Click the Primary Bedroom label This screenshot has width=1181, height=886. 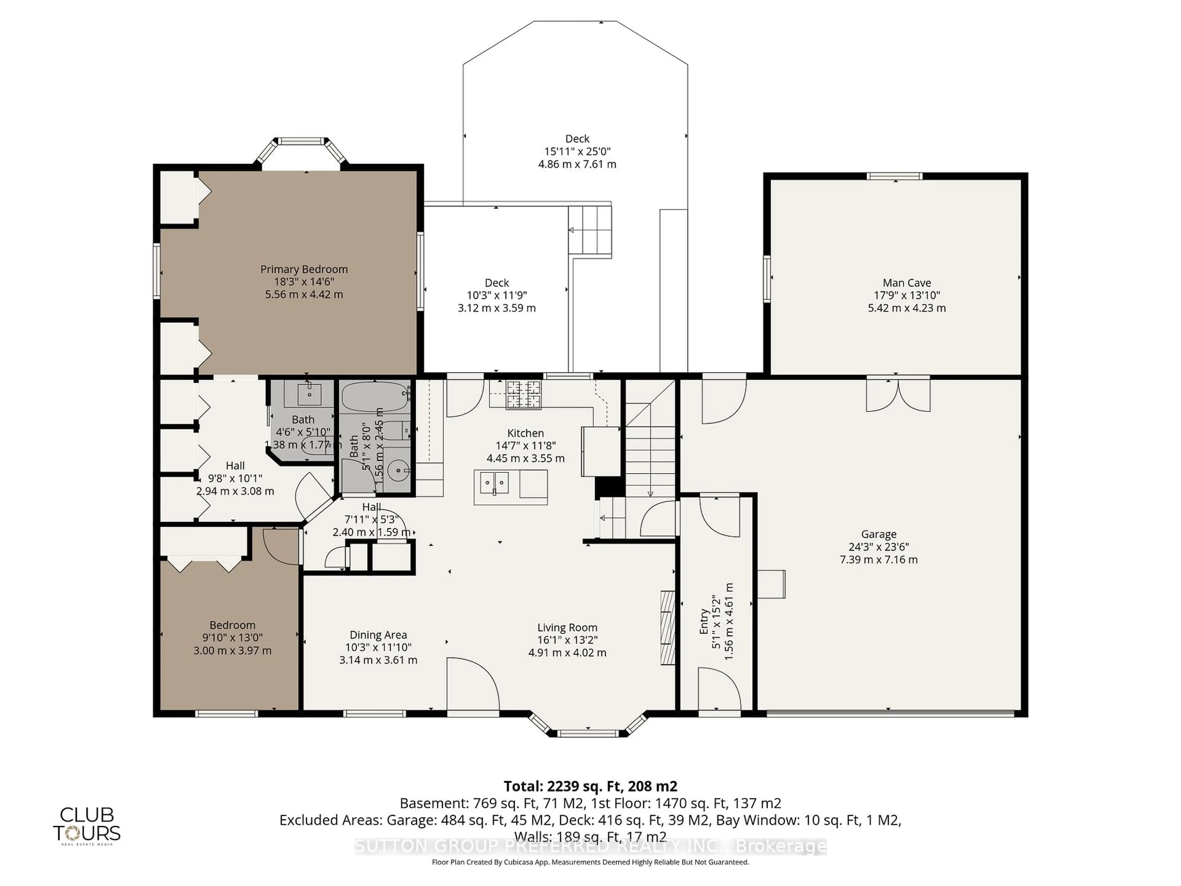coord(304,269)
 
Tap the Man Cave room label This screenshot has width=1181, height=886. coord(907,282)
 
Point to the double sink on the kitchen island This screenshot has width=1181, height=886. coord(494,483)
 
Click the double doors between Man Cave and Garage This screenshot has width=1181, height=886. coord(898,394)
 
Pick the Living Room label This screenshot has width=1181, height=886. coord(567,628)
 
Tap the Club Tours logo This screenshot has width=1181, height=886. coord(86,825)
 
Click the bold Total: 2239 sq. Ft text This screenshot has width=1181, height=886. coord(590,786)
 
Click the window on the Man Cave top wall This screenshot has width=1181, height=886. coord(894,176)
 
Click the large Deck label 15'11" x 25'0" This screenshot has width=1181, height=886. coord(577,139)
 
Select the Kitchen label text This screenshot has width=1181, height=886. coord(525,433)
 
